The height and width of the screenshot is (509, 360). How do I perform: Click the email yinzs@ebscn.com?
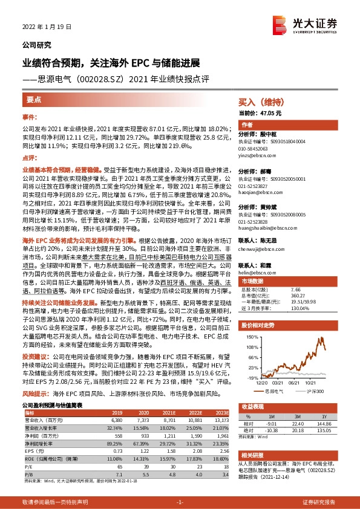tap(254, 155)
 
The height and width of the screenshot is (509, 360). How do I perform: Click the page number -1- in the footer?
tap(180, 502)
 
